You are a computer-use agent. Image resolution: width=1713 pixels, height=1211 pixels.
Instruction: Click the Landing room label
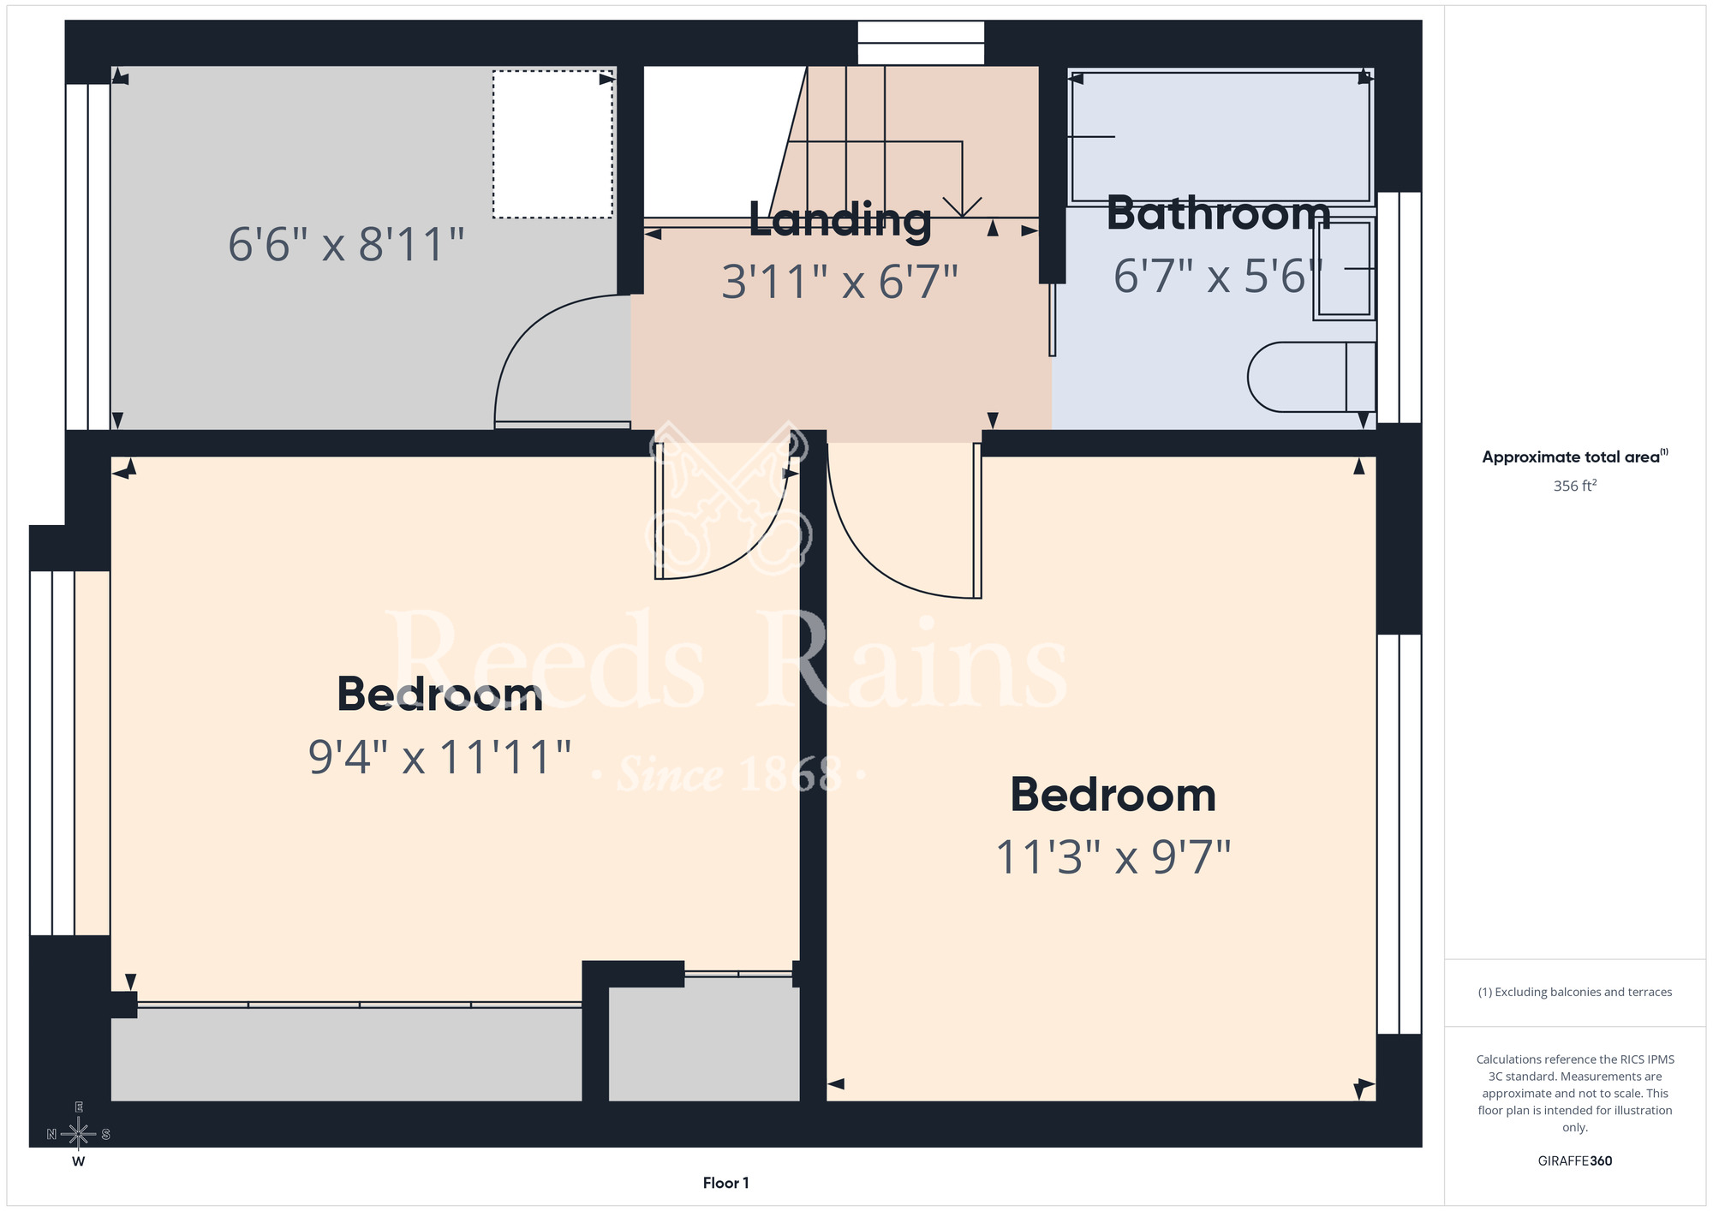pos(840,220)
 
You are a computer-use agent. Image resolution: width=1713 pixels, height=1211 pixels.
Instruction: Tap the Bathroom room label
pos(1218,213)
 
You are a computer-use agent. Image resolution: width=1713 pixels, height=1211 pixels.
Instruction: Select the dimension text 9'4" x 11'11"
pos(439,757)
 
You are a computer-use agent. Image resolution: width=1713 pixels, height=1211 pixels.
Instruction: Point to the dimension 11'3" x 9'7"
pos(1113,856)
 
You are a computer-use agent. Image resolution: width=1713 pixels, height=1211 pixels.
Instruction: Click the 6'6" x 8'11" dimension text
pos(346,244)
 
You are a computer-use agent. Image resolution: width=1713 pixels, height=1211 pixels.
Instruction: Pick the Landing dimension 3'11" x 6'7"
pos(839,282)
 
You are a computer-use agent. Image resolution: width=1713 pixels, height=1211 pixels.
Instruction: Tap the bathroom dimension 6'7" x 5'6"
pos(1218,276)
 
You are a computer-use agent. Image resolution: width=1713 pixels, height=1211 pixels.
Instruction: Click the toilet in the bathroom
pos(1311,377)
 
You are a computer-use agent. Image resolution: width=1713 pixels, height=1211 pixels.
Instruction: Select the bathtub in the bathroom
pos(1221,137)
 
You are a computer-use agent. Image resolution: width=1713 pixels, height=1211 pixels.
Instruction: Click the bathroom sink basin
pos(1344,269)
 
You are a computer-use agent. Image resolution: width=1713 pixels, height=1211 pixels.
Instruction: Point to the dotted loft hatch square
pos(552,144)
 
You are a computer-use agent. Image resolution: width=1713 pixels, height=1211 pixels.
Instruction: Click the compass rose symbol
pos(78,1134)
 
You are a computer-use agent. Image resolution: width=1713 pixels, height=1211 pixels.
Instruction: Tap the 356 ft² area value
pos(1575,486)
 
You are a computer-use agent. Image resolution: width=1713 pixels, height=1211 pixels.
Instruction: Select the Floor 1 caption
pos(725,1183)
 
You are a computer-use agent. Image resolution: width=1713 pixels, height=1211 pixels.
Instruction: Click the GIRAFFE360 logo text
pos(1575,1161)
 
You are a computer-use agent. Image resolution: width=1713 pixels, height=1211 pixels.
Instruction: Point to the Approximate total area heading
pos(1575,456)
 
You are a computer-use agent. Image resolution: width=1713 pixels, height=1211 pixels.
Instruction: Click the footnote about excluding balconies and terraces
pos(1575,992)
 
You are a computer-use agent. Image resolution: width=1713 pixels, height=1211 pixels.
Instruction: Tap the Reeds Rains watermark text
pos(728,664)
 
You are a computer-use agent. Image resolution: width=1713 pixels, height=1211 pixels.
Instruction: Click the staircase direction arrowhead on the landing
pos(963,206)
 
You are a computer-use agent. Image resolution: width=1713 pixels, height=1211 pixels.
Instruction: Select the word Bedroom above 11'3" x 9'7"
pos(1113,795)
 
